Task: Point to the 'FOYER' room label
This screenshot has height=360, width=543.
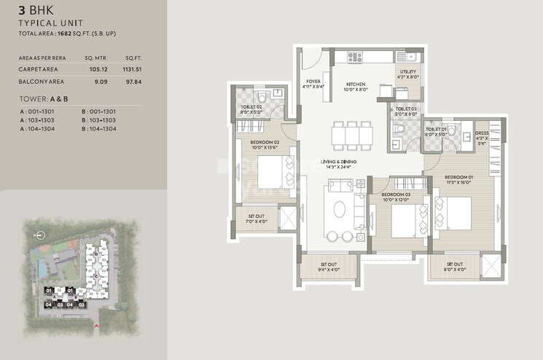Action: (313, 83)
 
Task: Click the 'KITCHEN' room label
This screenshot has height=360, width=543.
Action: (357, 83)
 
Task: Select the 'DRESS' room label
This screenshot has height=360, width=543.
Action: (481, 133)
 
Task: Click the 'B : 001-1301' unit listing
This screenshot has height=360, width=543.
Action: (100, 111)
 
